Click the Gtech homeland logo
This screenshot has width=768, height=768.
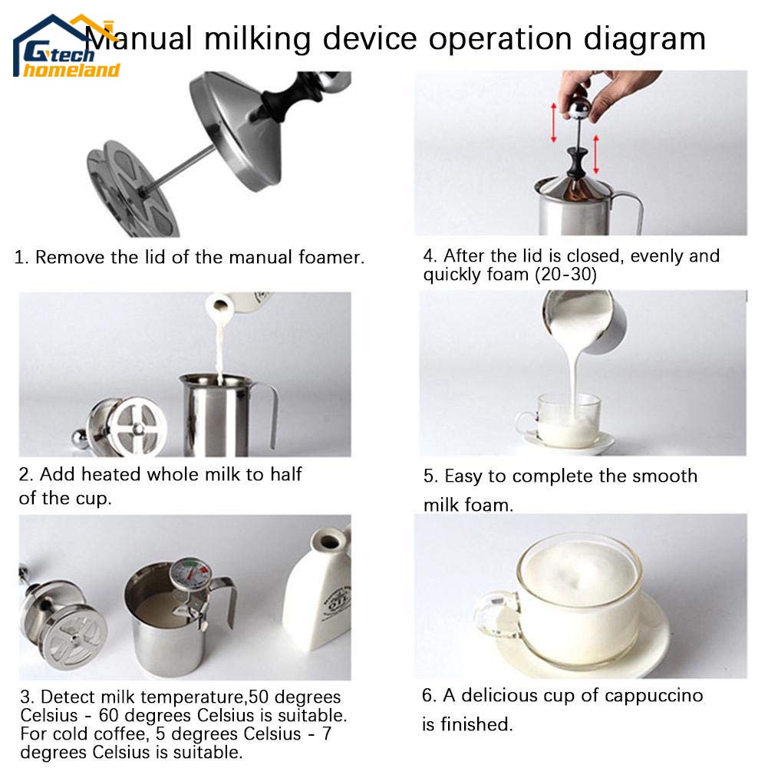coord(66,47)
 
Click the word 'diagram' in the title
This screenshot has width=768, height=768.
coord(644,38)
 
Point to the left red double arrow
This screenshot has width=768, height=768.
coord(554,123)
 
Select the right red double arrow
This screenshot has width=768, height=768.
coord(596,154)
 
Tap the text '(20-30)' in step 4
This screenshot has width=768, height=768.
coord(565,275)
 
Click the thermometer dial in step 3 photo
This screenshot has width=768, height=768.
coord(191,574)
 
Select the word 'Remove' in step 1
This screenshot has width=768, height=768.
coord(71,257)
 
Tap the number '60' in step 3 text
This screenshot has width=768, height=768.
coord(108,716)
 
